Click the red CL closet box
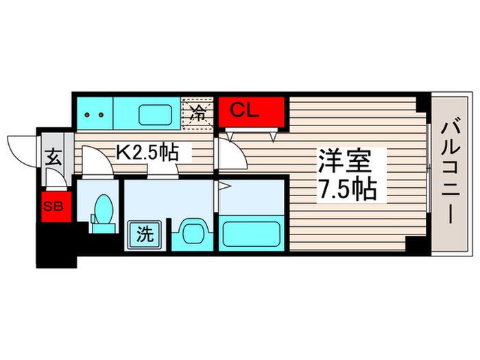pyautogui.click(x=252, y=112)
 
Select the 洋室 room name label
pyautogui.click(x=345, y=161)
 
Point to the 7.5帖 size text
pyautogui.click(x=347, y=189)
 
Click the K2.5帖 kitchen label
pyautogui.click(x=147, y=152)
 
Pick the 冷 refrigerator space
pyautogui.click(x=197, y=113)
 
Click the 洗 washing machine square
pyautogui.click(x=145, y=235)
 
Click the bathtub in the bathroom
pyautogui.click(x=252, y=234)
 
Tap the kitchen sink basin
pyautogui.click(x=155, y=115)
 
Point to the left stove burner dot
pyautogui.click(x=87, y=115)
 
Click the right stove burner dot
pyautogui.click(x=101, y=115)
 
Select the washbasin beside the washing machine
pyautogui.click(x=192, y=232)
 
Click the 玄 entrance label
pyautogui.click(x=53, y=157)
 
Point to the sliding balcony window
pyautogui.click(x=429, y=168)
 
